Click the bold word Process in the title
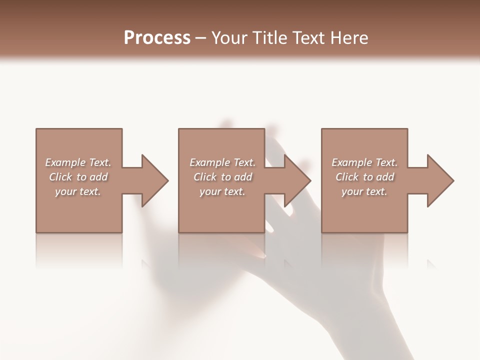[x=157, y=37]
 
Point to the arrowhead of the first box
[x=155, y=180]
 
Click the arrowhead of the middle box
[x=298, y=180]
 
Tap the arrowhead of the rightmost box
[x=440, y=180]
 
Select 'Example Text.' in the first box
[x=78, y=162]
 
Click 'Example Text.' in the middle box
[x=222, y=162]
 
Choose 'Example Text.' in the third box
[x=364, y=162]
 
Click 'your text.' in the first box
[x=78, y=191]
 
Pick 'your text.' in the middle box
[x=222, y=191]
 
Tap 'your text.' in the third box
[x=364, y=191]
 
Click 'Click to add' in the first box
[x=78, y=177]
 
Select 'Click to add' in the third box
[x=364, y=177]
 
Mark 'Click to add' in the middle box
[x=222, y=177]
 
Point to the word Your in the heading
[x=228, y=37]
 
